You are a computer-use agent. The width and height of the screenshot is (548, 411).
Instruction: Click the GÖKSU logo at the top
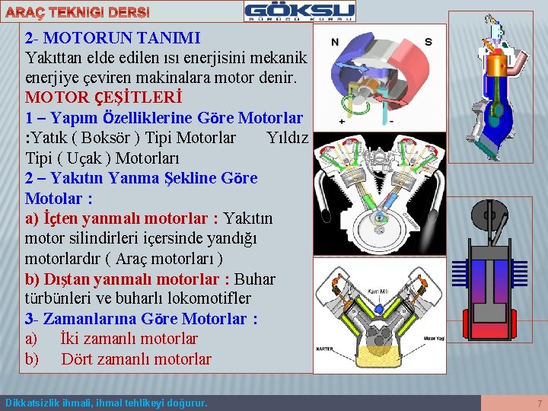(x=299, y=11)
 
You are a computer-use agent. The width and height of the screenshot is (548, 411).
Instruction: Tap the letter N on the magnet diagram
(x=335, y=42)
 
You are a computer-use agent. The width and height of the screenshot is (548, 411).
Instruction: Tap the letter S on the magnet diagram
(x=428, y=42)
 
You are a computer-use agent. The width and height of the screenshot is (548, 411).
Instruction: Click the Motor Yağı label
(x=434, y=339)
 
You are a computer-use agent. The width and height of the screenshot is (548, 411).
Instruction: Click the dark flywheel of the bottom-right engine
(x=489, y=218)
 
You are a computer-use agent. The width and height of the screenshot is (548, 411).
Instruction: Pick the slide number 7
(x=539, y=403)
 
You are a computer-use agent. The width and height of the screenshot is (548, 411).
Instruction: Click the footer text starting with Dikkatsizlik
(x=106, y=403)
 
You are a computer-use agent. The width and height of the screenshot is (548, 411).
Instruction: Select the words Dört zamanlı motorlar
(x=136, y=359)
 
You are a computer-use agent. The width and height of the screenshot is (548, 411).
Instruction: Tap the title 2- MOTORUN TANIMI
(x=112, y=37)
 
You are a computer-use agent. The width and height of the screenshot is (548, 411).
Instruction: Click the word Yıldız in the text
(x=288, y=138)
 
